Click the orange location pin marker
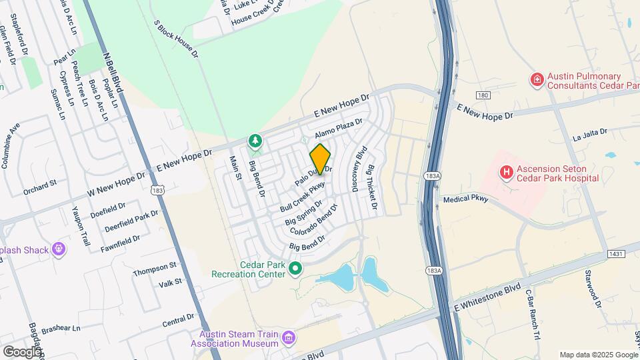pyautogui.click(x=320, y=159)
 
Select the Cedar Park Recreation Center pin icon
pyautogui.click(x=295, y=269)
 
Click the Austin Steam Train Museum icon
pyautogui.click(x=288, y=339)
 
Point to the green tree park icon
pyautogui.click(x=254, y=141)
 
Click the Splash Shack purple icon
pyautogui.click(x=59, y=250)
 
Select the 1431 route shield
pyautogui.click(x=615, y=255)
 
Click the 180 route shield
pyautogui.click(x=483, y=96)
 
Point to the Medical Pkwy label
pyautogui.click(x=466, y=199)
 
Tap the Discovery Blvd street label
pyautogui.click(x=359, y=169)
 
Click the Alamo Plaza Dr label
pyautogui.click(x=338, y=127)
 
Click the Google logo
pyautogui.click(x=22, y=351)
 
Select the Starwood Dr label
pyautogui.click(x=592, y=289)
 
